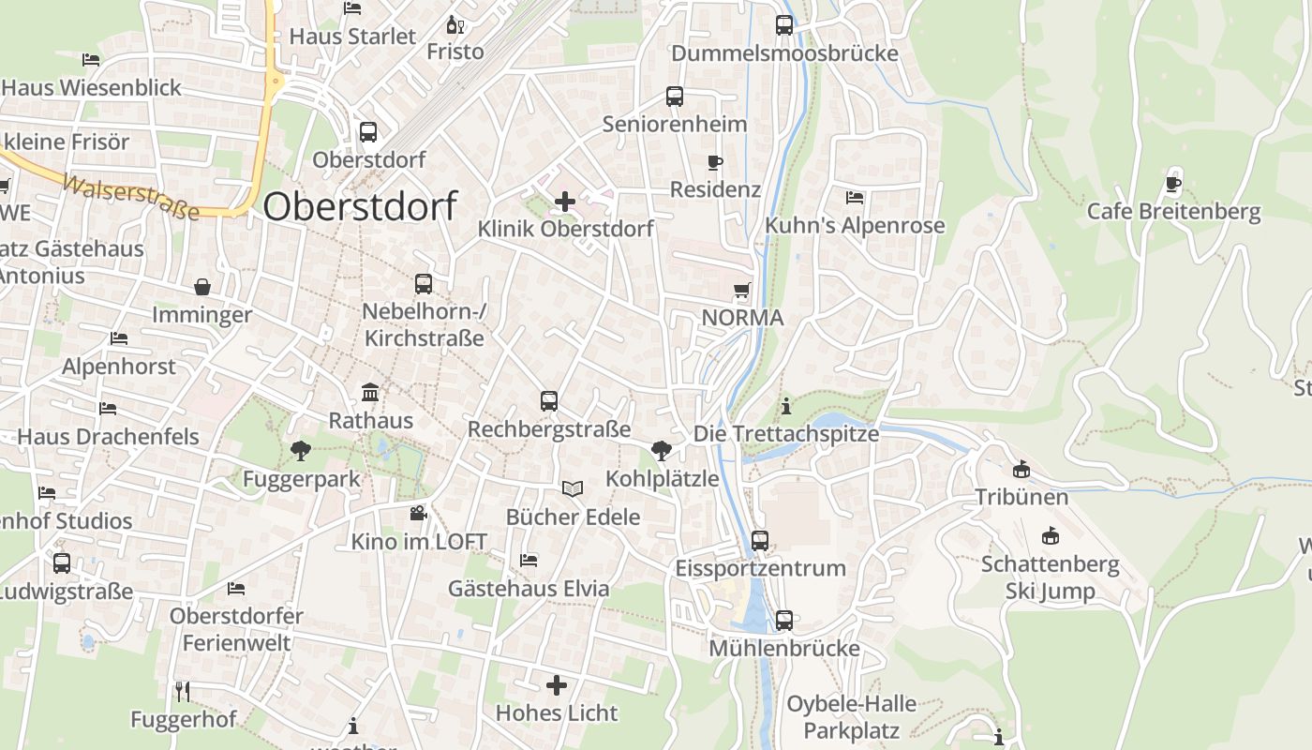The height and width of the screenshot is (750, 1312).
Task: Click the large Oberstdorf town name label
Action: point(360,206)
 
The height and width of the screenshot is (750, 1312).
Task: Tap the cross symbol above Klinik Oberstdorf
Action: point(565,201)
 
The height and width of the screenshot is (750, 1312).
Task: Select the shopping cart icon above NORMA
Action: point(742,291)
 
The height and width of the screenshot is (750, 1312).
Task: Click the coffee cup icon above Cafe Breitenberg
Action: point(1173,184)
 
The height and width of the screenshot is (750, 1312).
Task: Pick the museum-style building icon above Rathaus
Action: point(370,393)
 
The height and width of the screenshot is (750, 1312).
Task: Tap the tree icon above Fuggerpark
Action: point(301,451)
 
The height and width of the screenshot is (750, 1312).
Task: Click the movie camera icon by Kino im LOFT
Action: point(418,513)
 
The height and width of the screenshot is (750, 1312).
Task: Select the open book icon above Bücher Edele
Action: point(573,488)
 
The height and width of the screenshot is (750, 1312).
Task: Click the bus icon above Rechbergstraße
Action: point(549,401)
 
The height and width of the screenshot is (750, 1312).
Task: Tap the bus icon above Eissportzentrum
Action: point(760,540)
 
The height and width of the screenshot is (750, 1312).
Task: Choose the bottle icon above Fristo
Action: point(455,24)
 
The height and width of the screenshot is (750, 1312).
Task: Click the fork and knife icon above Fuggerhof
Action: point(183,692)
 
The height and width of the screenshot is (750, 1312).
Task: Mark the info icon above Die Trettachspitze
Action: point(786,406)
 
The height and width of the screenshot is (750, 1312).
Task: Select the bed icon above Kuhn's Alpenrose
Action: point(855,198)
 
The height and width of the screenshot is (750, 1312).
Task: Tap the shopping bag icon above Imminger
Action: point(202,287)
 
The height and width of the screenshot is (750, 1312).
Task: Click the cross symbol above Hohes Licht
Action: point(557,685)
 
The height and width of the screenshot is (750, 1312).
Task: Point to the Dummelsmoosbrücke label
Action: point(784,53)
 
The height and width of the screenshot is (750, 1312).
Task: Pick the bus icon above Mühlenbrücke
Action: point(784,621)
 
